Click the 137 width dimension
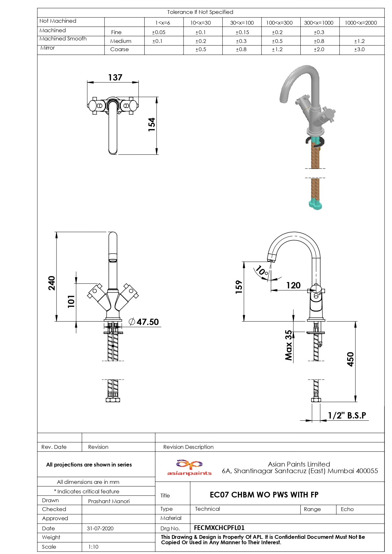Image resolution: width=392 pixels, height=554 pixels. click(x=115, y=78)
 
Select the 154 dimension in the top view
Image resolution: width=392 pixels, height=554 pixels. click(x=152, y=124)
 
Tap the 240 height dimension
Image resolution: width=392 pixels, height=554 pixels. click(x=51, y=283)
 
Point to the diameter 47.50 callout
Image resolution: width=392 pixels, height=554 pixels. click(x=144, y=322)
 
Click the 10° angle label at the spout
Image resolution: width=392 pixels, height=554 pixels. click(x=262, y=271)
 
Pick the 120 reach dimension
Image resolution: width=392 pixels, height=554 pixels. click(x=293, y=286)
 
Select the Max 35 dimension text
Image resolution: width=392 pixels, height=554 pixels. click(x=288, y=345)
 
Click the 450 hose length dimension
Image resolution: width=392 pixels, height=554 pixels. click(x=350, y=359)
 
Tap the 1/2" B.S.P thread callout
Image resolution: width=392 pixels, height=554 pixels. click(x=347, y=415)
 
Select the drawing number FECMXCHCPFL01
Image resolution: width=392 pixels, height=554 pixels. click(x=219, y=528)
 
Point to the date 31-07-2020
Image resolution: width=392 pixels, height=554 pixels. click(x=100, y=528)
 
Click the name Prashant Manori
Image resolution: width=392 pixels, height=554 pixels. click(x=109, y=501)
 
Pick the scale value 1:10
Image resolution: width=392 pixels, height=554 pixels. click(x=93, y=547)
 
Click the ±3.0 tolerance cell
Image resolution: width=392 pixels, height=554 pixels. click(x=359, y=50)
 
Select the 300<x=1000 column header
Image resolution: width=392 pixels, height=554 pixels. click(x=319, y=23)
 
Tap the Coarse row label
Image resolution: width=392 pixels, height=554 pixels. click(x=119, y=50)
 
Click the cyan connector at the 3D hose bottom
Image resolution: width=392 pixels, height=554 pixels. click(x=315, y=205)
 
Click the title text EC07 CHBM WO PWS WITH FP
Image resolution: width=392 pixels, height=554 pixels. click(x=264, y=495)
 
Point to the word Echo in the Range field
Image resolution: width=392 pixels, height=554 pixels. click(x=347, y=509)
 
